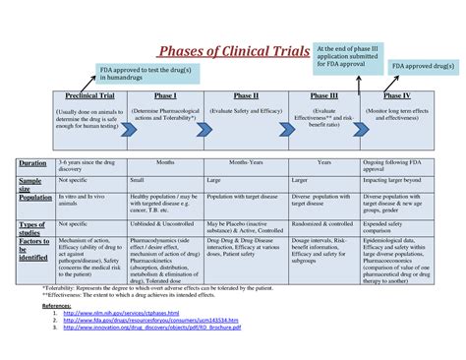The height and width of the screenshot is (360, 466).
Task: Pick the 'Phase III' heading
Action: pos(323,96)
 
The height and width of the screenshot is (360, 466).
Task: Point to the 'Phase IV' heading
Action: pos(396,96)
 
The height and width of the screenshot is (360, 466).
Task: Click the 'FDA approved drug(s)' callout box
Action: pos(424,66)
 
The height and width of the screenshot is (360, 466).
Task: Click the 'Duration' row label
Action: pos(32,163)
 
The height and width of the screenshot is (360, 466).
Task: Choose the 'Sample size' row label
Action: pos(30,182)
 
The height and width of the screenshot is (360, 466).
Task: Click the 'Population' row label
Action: pos(34,198)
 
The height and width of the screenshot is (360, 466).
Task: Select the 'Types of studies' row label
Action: pos(31,227)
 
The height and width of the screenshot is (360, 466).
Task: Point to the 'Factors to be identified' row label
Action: pos(33,251)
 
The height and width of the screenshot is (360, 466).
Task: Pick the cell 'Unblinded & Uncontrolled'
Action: pos(164,223)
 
